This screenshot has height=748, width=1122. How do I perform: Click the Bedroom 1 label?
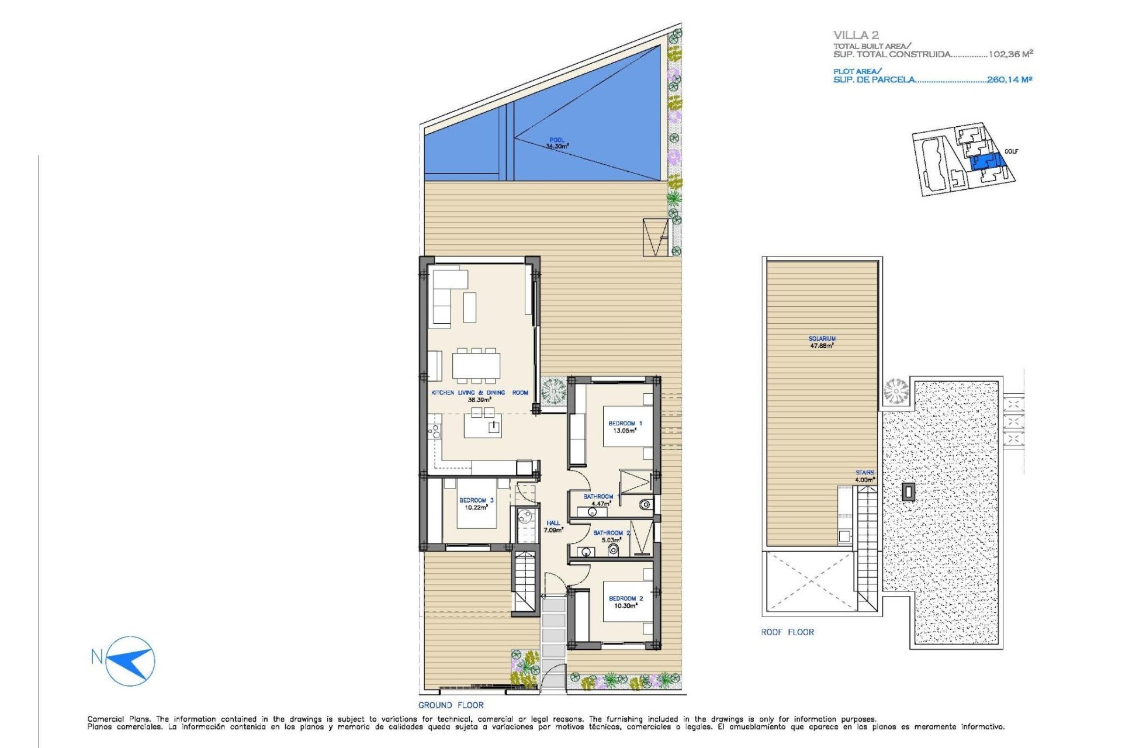[x=625, y=423]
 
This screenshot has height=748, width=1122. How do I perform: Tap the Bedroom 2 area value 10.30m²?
[x=625, y=606]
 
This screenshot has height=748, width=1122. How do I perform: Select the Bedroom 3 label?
[x=476, y=500]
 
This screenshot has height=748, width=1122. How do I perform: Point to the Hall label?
[x=553, y=523]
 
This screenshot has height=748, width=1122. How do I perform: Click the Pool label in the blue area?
[x=556, y=140]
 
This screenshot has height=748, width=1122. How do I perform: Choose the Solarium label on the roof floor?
[x=822, y=338]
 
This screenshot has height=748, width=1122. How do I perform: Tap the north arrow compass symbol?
[x=130, y=660]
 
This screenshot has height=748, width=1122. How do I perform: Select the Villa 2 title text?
[x=856, y=35]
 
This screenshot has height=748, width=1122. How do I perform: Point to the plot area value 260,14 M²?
[x=1009, y=79]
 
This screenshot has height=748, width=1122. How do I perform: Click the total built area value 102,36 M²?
[x=1010, y=54]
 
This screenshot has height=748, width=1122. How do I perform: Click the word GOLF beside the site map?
[x=1011, y=151]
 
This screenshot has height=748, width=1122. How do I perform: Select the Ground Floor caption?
[x=451, y=705]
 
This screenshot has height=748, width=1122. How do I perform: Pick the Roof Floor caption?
[x=787, y=632]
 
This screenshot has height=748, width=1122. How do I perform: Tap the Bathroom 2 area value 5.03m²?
[x=611, y=541]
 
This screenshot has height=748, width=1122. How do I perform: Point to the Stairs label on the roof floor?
[x=865, y=473]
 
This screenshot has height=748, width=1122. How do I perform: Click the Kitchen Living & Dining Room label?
[x=479, y=393]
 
